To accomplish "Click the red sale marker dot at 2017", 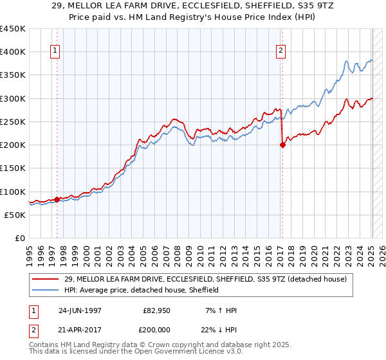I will coord(282,145).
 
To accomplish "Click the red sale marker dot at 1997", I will coord(57,199).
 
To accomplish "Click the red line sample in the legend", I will coord(47,279).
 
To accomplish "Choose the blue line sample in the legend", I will coord(47,291).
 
